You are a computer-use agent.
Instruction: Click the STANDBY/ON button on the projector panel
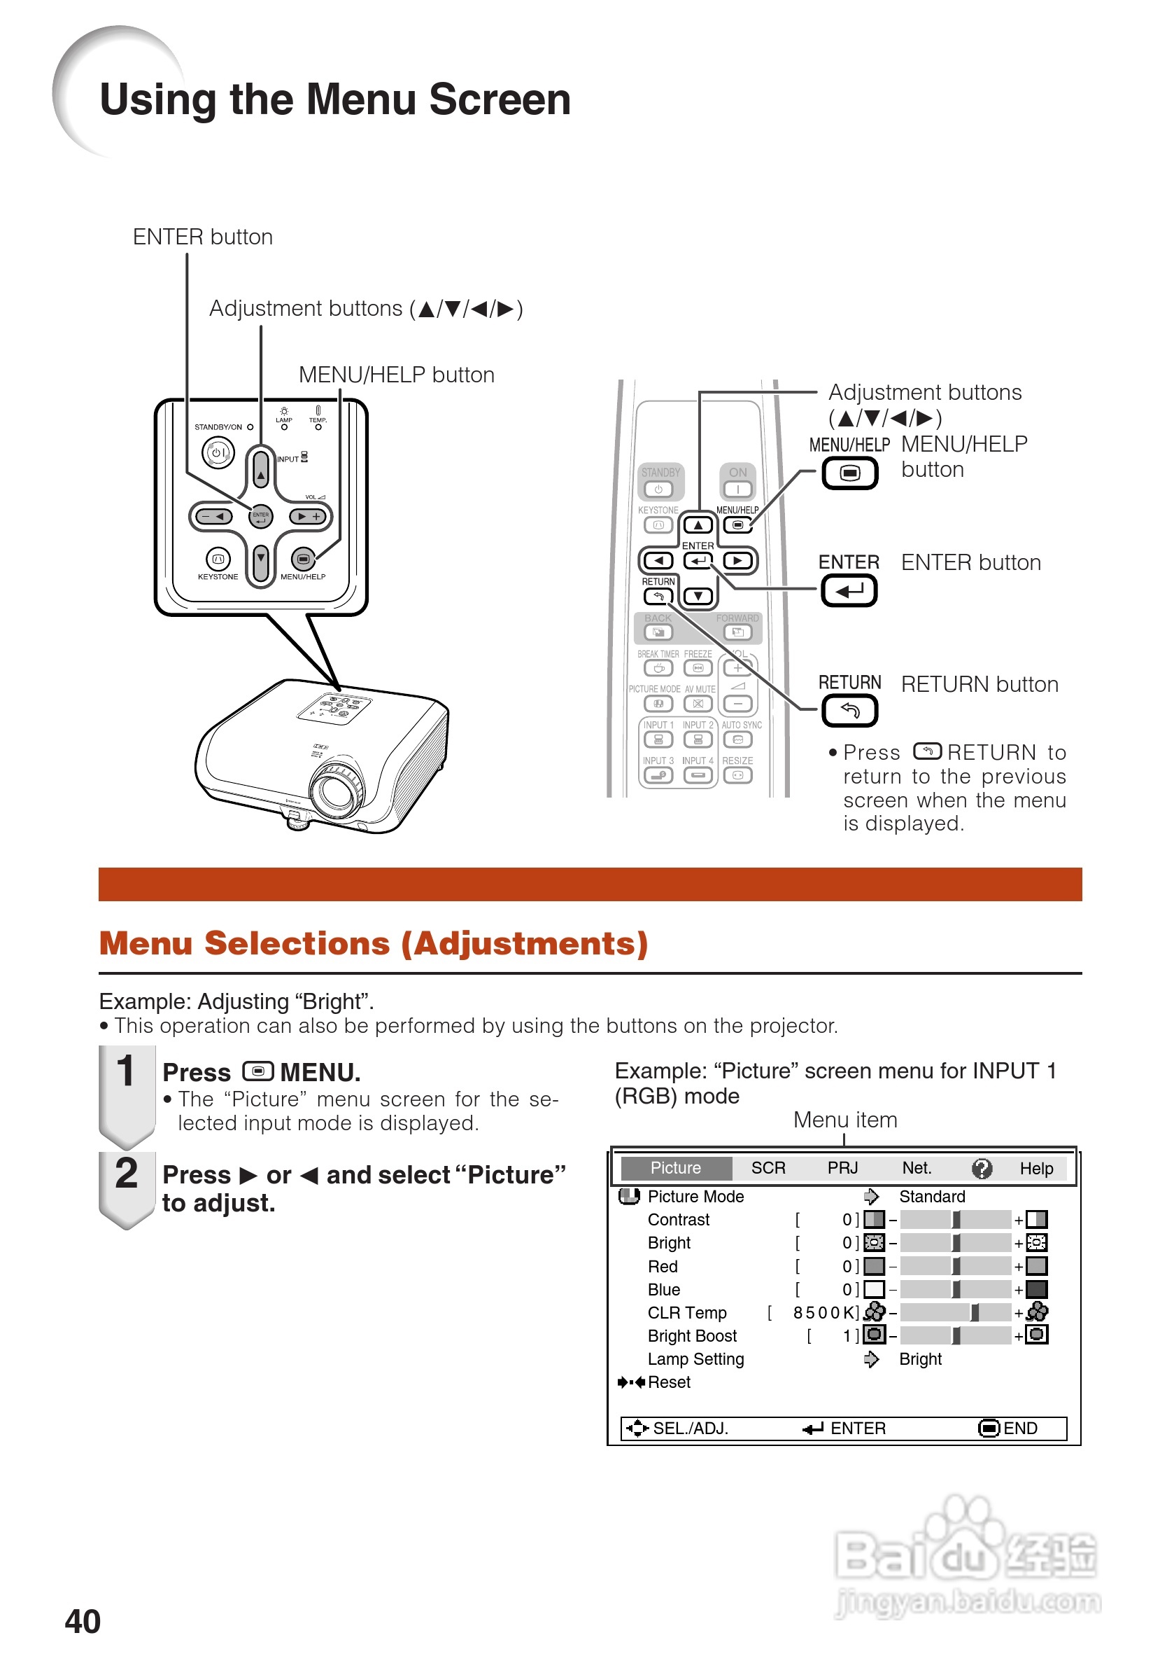pyautogui.click(x=218, y=452)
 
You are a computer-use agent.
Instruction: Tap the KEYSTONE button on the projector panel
pyautogui.click(x=218, y=559)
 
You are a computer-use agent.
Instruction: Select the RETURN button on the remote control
pyautogui.click(x=658, y=597)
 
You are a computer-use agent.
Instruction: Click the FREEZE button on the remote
pyautogui.click(x=698, y=667)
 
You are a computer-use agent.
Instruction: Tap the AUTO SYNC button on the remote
pyautogui.click(x=737, y=739)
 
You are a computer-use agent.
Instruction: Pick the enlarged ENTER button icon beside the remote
pyautogui.click(x=849, y=590)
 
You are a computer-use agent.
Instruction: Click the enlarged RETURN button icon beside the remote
pyautogui.click(x=849, y=711)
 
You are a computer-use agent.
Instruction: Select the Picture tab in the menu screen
pyautogui.click(x=675, y=1168)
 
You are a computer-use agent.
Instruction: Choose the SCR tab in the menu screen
pyautogui.click(x=768, y=1168)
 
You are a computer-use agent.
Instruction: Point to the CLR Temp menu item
pyautogui.click(x=687, y=1313)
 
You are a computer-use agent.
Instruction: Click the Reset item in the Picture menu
pyautogui.click(x=669, y=1382)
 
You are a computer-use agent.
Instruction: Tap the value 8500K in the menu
pyautogui.click(x=826, y=1313)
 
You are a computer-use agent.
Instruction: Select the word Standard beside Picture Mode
pyautogui.click(x=932, y=1197)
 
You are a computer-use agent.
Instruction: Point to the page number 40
pyautogui.click(x=83, y=1622)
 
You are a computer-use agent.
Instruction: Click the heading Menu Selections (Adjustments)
pyautogui.click(x=373, y=944)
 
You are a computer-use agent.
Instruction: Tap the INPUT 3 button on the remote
pyautogui.click(x=658, y=775)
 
